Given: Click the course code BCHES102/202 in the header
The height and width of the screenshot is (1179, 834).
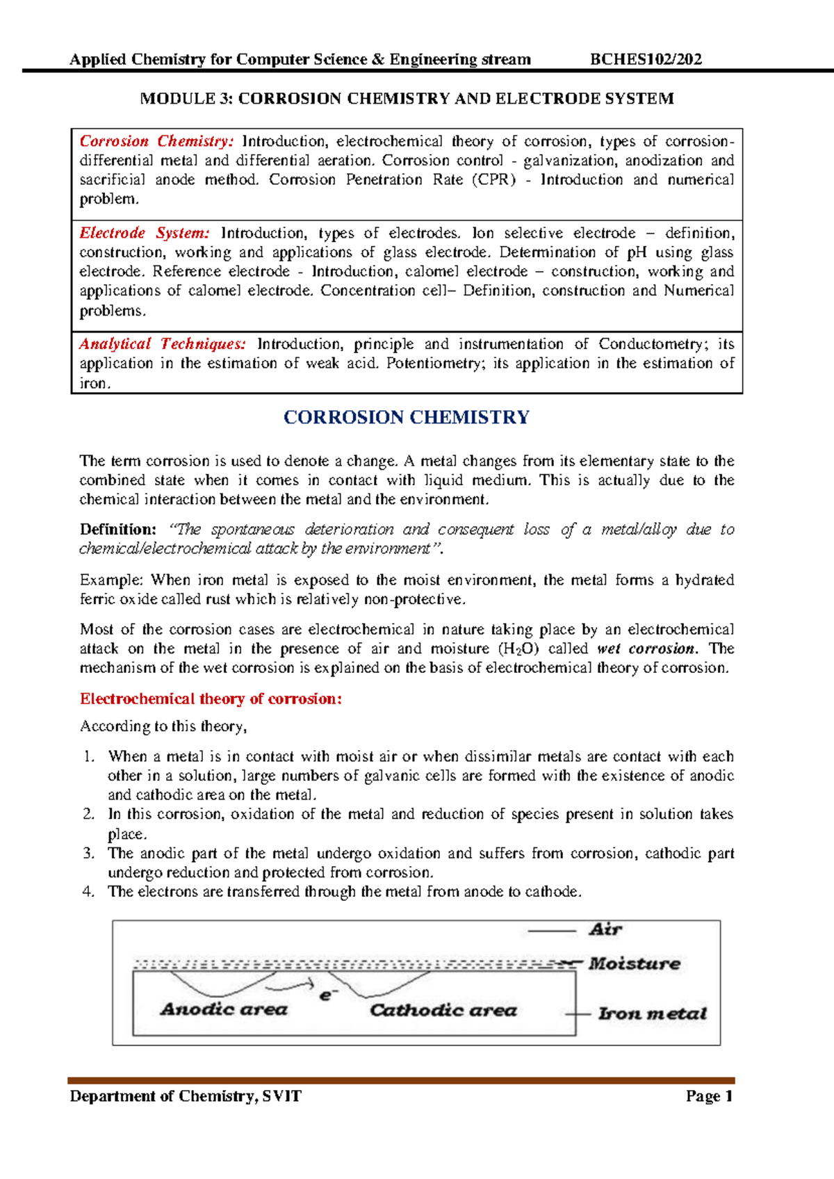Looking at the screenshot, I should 646,59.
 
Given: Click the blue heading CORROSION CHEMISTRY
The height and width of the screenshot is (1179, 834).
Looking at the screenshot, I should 407,417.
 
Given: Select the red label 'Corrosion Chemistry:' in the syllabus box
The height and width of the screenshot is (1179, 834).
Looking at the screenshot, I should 156,141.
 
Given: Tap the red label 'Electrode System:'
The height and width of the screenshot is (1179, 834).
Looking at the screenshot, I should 144,233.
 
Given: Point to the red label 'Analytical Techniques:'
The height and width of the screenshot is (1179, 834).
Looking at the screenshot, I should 162,344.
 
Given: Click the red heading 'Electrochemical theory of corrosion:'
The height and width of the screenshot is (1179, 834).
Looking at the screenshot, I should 211,699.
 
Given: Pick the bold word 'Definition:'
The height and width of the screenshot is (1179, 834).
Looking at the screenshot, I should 117,530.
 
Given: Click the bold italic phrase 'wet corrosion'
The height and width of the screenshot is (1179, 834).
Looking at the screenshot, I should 646,649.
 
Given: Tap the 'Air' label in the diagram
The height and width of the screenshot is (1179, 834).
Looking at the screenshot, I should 605,929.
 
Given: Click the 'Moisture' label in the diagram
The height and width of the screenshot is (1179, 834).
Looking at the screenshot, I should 634,963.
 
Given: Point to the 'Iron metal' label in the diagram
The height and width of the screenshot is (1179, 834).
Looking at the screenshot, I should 652,1014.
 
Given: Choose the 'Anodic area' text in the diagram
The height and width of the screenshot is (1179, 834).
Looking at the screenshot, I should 224,1009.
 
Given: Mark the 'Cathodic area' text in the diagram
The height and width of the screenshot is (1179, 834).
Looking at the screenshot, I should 443,1010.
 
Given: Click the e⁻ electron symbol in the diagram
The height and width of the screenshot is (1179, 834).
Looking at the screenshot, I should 328,995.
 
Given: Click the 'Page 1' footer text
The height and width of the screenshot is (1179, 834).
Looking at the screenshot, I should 709,1096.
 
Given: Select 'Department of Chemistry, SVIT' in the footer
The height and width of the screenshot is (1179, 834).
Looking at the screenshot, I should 186,1096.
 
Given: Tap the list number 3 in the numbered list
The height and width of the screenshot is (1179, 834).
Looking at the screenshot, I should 88,854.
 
